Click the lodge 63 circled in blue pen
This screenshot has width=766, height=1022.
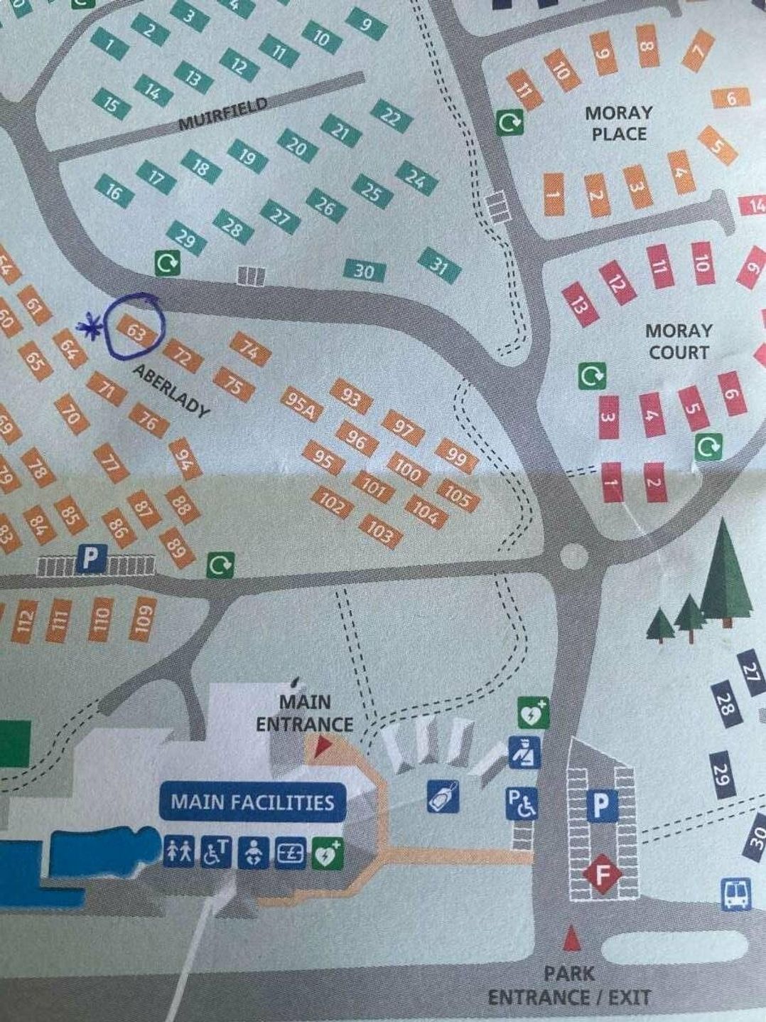(x=134, y=331)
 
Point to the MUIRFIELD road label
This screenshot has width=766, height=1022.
(x=222, y=114)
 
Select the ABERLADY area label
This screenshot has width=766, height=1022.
(x=171, y=392)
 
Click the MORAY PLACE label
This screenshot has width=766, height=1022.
(x=617, y=123)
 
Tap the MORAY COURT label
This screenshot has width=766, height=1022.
(x=678, y=341)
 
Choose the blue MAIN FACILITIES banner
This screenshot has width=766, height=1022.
(x=252, y=802)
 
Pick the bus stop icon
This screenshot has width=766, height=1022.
(x=736, y=894)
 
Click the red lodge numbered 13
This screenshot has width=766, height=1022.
(x=581, y=304)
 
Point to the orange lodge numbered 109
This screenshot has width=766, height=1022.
(x=144, y=616)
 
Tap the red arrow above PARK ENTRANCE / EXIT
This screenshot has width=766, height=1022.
(x=569, y=938)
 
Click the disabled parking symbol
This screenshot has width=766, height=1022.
(x=522, y=804)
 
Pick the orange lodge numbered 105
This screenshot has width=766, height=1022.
(x=458, y=496)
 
